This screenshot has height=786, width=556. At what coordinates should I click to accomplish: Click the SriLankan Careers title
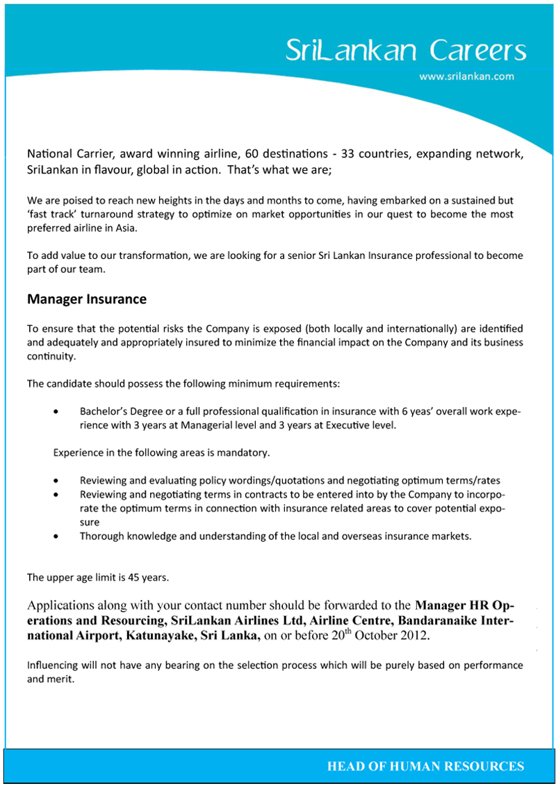click(x=407, y=51)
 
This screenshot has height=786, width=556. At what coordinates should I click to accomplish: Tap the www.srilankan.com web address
click(x=466, y=77)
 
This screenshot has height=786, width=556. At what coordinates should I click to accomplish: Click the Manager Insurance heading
click(x=87, y=299)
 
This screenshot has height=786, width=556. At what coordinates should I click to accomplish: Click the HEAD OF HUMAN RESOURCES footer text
click(x=425, y=767)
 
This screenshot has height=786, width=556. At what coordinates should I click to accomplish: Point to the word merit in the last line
click(x=60, y=679)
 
